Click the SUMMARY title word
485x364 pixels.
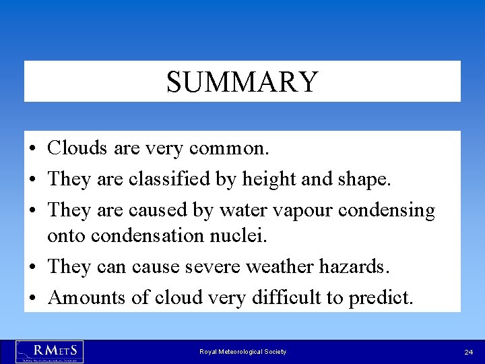(x=242, y=82)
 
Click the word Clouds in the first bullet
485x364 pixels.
(x=76, y=148)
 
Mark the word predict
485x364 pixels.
(x=381, y=298)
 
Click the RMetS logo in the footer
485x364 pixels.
(x=49, y=351)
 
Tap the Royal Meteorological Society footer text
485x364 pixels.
(x=243, y=352)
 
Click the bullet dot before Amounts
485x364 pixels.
(x=32, y=298)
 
